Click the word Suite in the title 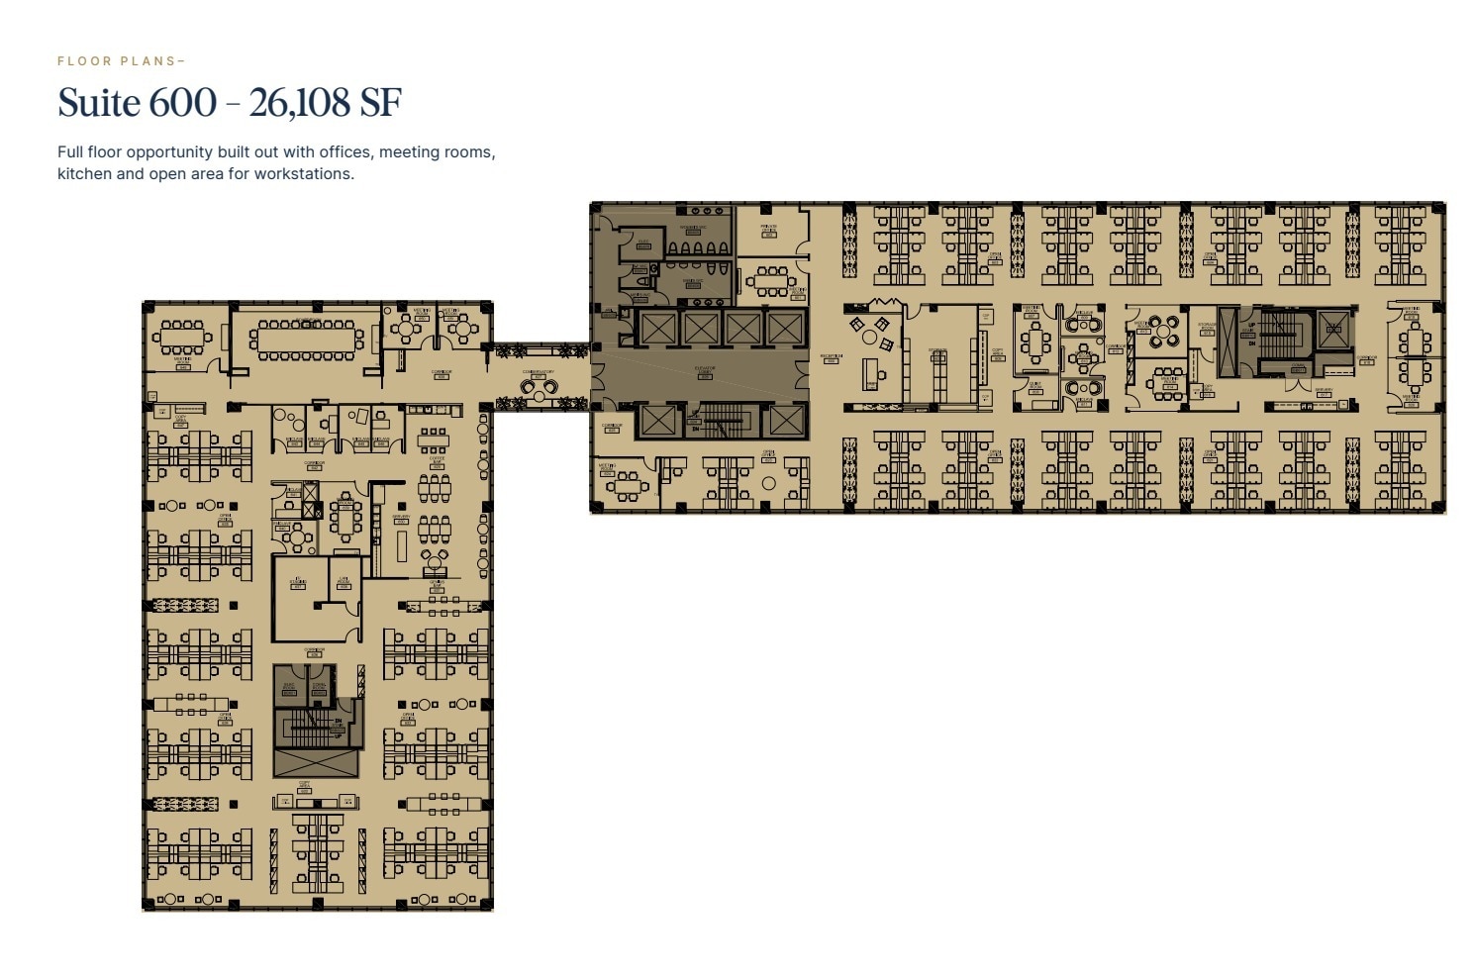pos(99,103)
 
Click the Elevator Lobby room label pos(705,369)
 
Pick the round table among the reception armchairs pos(869,337)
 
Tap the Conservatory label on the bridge pos(539,374)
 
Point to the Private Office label pos(768,231)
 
